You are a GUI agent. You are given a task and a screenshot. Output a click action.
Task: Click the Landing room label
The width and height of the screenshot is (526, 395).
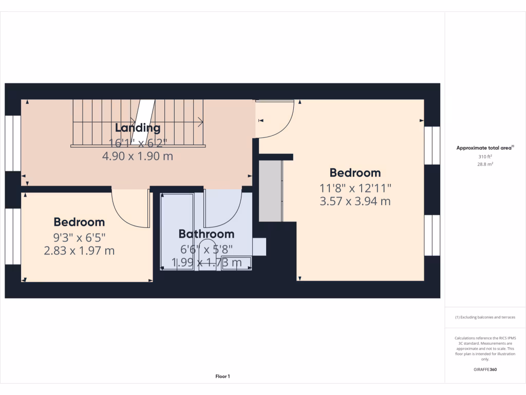point(138,128)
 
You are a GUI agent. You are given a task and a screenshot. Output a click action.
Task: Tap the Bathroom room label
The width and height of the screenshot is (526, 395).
point(206,234)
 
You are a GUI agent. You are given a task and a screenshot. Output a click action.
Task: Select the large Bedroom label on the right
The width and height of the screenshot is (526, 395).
point(355,173)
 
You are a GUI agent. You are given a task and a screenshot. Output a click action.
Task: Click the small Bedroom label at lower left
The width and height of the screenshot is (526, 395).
point(79,222)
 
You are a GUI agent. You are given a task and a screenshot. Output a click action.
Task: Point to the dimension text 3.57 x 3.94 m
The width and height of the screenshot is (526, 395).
point(355,201)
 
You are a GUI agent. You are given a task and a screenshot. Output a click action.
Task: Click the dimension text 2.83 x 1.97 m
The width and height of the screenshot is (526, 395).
point(79,251)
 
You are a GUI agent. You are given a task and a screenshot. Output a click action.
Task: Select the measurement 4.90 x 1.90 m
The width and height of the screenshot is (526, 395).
point(138,156)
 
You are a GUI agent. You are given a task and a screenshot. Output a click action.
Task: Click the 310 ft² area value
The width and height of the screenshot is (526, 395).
point(485,156)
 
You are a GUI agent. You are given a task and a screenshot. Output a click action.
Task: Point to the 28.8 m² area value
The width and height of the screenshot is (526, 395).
point(485,164)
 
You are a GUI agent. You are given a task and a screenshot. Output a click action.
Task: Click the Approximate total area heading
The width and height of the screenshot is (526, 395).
point(485,148)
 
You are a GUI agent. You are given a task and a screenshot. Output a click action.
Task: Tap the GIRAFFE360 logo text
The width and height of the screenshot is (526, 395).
point(485,369)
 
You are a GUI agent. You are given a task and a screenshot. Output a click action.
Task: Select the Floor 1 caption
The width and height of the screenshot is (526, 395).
point(222,376)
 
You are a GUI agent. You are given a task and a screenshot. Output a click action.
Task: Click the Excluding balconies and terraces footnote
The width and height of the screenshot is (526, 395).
point(485,317)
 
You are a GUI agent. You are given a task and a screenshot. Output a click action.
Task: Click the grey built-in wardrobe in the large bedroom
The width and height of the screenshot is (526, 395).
point(270,191)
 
